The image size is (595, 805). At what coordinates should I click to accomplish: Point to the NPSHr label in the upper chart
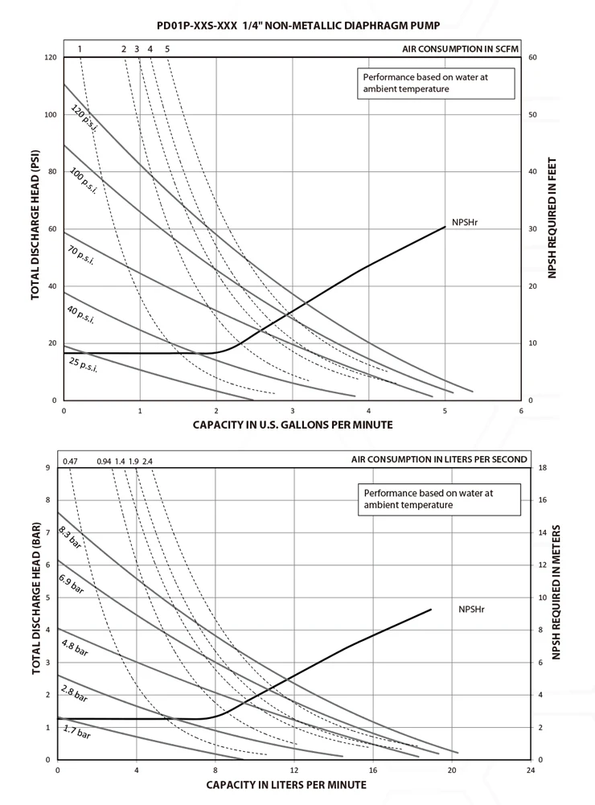[x=466, y=223]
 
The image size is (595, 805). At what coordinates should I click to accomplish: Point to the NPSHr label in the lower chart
[x=472, y=609]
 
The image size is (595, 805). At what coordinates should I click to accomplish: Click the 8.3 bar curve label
[x=71, y=536]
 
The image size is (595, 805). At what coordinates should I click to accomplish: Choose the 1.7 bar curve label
[x=77, y=733]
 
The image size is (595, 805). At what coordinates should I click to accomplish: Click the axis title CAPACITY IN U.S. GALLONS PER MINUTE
[x=293, y=424]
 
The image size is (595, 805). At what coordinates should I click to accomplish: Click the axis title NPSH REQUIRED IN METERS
[x=556, y=593]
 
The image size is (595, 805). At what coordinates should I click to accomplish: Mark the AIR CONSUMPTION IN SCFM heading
[x=460, y=49]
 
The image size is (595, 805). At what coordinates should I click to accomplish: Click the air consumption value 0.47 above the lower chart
[x=70, y=461]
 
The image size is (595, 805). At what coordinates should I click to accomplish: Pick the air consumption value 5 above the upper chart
[x=166, y=49]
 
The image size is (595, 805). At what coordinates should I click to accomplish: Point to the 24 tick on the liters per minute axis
[x=530, y=770]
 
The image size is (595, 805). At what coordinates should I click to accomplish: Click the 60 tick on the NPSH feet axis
[x=532, y=58]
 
